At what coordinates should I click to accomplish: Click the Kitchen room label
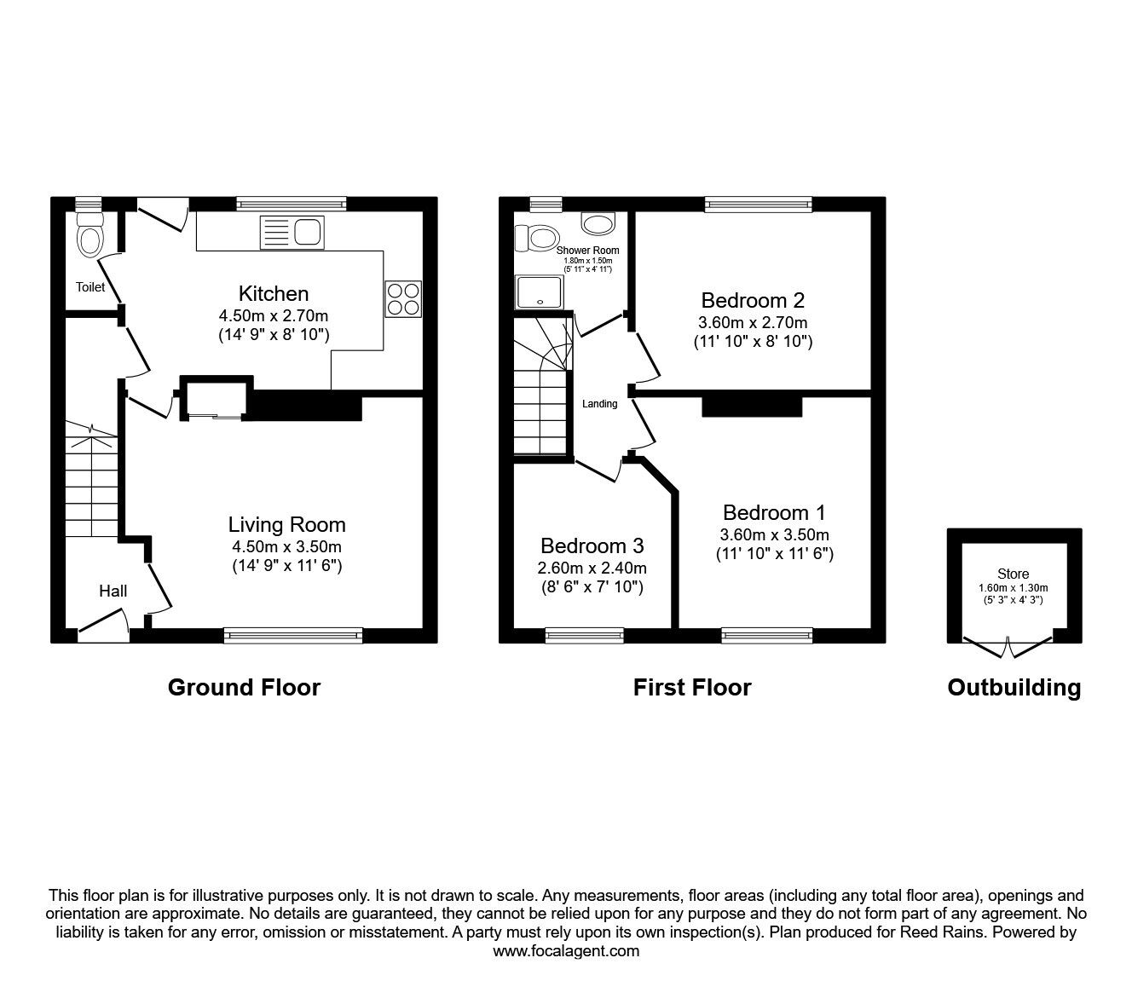click(x=274, y=294)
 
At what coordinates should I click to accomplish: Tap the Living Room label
click(x=287, y=525)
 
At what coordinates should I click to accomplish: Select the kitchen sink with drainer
click(x=292, y=232)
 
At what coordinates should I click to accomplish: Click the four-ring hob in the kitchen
click(x=404, y=298)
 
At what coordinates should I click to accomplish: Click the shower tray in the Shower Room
click(x=540, y=291)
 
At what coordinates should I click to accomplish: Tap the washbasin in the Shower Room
click(x=598, y=224)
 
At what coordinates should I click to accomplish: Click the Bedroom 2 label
click(x=753, y=301)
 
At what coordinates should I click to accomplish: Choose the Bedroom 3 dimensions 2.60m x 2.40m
click(x=592, y=568)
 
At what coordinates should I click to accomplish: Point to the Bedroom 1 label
click(x=774, y=513)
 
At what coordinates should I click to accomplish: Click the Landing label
click(x=600, y=404)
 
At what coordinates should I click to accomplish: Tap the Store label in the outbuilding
click(x=1014, y=574)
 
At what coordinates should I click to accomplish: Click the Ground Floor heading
click(x=245, y=688)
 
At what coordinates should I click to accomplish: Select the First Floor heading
click(x=692, y=688)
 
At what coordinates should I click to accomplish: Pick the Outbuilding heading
click(x=1014, y=688)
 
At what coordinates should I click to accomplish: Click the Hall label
click(x=113, y=591)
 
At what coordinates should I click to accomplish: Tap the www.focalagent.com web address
click(x=566, y=951)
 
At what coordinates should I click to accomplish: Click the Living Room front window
click(x=293, y=635)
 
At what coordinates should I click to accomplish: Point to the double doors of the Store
click(x=1008, y=647)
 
